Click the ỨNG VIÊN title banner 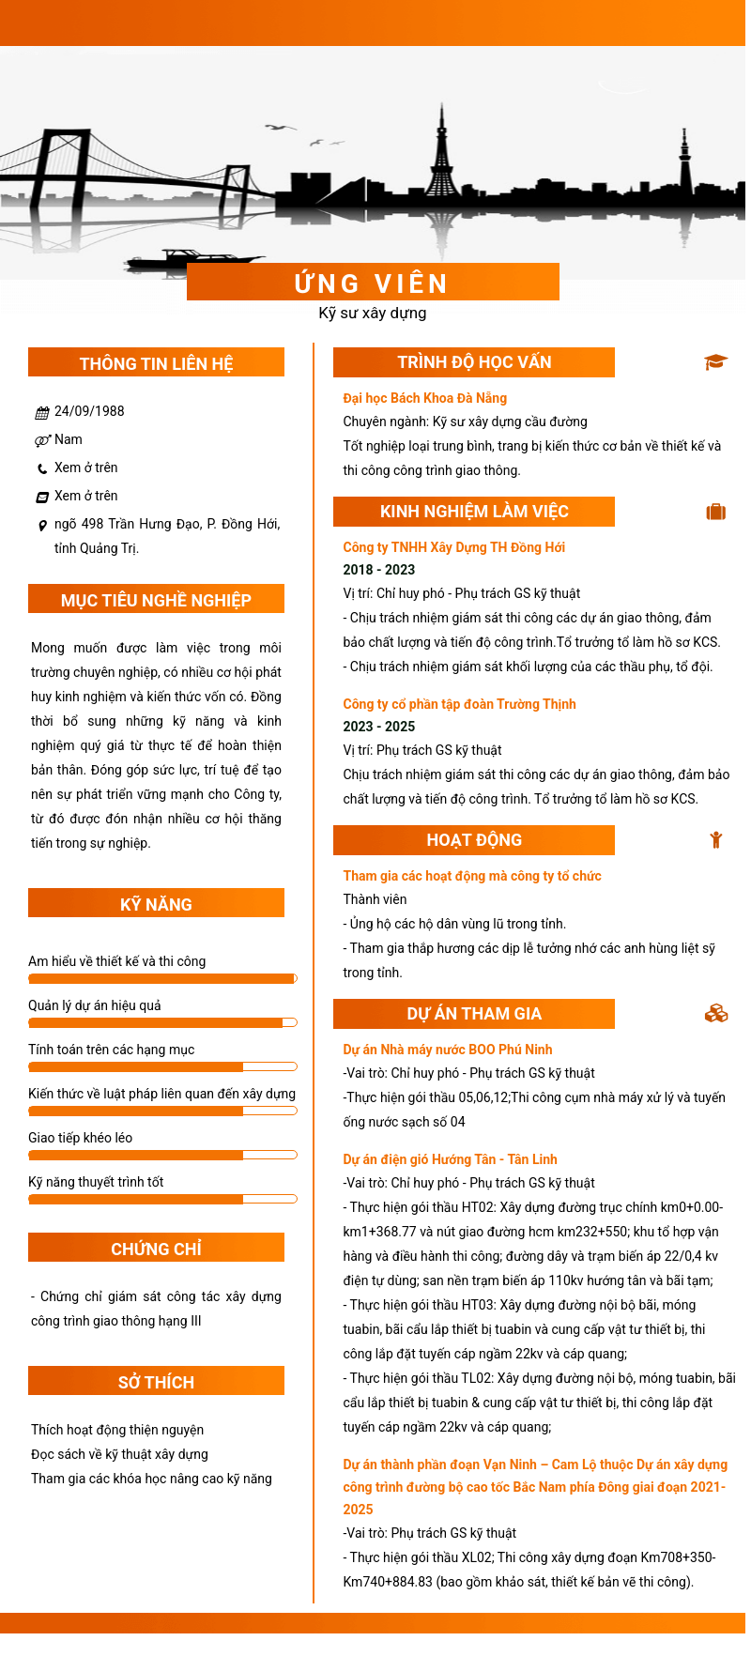click(x=373, y=283)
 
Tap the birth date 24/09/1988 click(x=89, y=411)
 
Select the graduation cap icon click(x=716, y=362)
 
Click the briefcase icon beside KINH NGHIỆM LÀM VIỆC click(x=716, y=512)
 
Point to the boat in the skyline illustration click(x=192, y=260)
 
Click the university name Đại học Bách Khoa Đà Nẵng click(x=424, y=398)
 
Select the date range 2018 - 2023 click(x=378, y=570)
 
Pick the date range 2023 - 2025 click(x=378, y=727)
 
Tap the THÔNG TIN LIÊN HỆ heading click(x=156, y=363)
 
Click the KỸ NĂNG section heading click(x=156, y=904)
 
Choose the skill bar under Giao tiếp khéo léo click(x=162, y=1155)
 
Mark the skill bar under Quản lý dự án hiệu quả click(x=162, y=1022)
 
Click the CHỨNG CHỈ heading click(x=156, y=1249)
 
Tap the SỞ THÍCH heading click(x=156, y=1382)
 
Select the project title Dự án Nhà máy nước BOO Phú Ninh click(x=447, y=1050)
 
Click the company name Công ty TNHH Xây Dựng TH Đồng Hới click(x=453, y=547)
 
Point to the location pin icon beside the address click(x=42, y=526)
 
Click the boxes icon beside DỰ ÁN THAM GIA click(x=716, y=1014)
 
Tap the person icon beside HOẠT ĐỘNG click(x=716, y=840)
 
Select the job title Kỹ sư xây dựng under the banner click(x=373, y=313)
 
